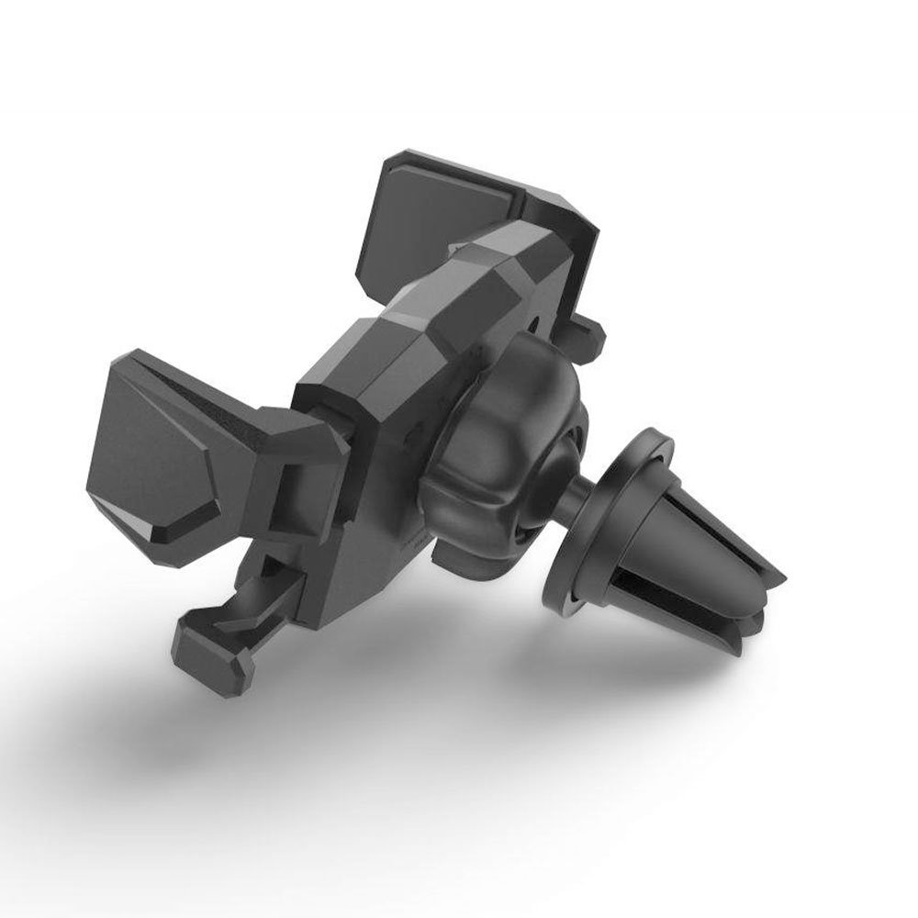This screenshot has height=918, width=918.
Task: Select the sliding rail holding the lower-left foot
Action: point(266,597)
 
